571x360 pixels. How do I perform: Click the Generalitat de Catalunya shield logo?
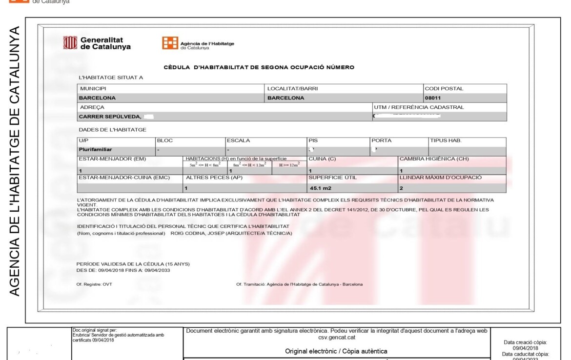coord(70,43)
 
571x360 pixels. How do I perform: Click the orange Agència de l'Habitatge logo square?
coord(170,43)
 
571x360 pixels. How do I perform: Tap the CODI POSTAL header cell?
coord(444,88)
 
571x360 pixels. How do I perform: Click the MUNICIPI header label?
coord(93,88)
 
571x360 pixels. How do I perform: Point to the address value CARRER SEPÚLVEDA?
coord(110,117)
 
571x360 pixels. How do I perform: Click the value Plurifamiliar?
coord(95,150)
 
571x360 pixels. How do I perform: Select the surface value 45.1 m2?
coord(320,188)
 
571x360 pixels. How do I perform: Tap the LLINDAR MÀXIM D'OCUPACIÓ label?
coord(440,178)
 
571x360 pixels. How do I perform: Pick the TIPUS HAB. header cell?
coord(446,140)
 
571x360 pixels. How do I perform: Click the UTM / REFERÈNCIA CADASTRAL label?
coord(419,107)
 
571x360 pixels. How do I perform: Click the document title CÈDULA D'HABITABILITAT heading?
coord(259,67)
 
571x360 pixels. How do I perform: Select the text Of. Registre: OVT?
coord(94,284)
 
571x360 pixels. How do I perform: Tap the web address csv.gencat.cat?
coord(336,337)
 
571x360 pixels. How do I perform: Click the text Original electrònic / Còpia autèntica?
coord(336,351)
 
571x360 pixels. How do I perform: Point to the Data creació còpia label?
coord(526,342)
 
